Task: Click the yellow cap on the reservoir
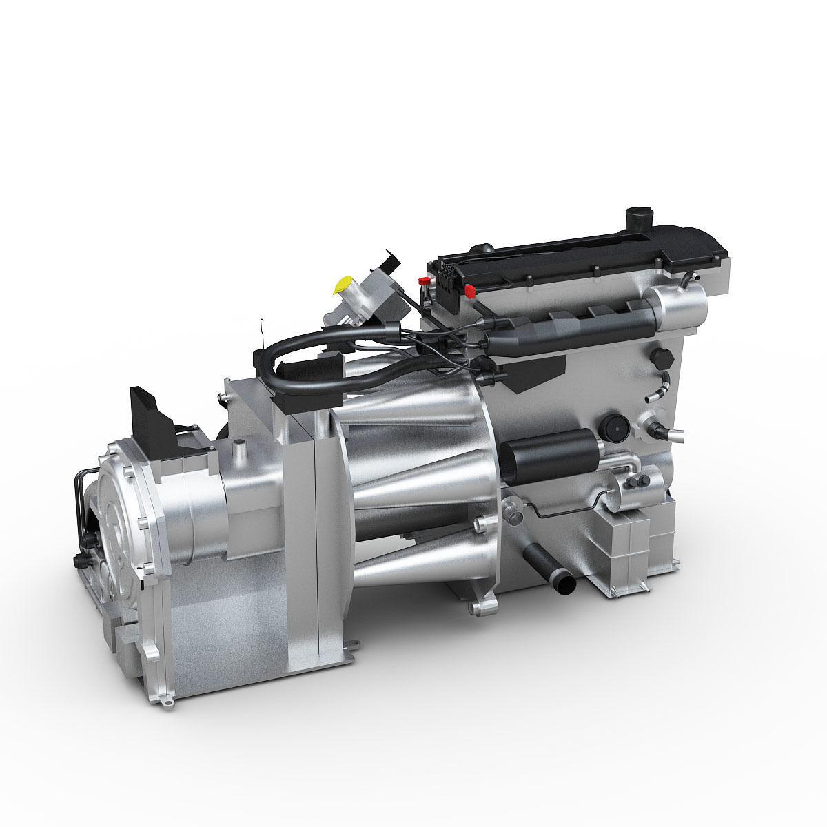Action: (342, 283)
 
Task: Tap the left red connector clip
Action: (422, 280)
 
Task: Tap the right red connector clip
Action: (471, 290)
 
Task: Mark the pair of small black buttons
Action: (642, 477)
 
